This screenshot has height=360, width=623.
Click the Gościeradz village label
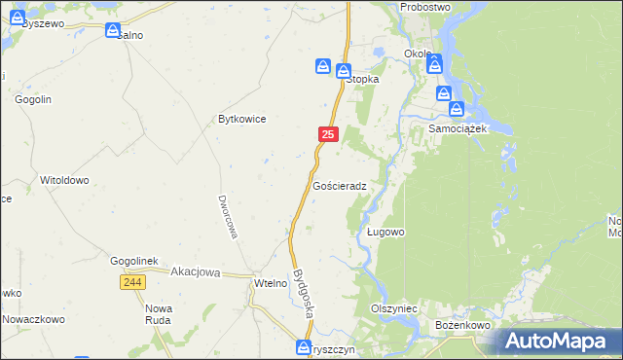pos(340,185)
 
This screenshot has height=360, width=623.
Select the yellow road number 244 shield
pos(134,281)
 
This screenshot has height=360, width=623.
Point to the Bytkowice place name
pos(241,119)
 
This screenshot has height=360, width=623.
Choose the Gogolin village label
pos(32,98)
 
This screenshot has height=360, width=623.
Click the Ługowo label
pos(385,233)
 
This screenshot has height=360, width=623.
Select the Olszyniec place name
pos(393,306)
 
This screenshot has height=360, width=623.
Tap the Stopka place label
pos(362,80)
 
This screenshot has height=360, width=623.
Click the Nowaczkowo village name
pos(32,318)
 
